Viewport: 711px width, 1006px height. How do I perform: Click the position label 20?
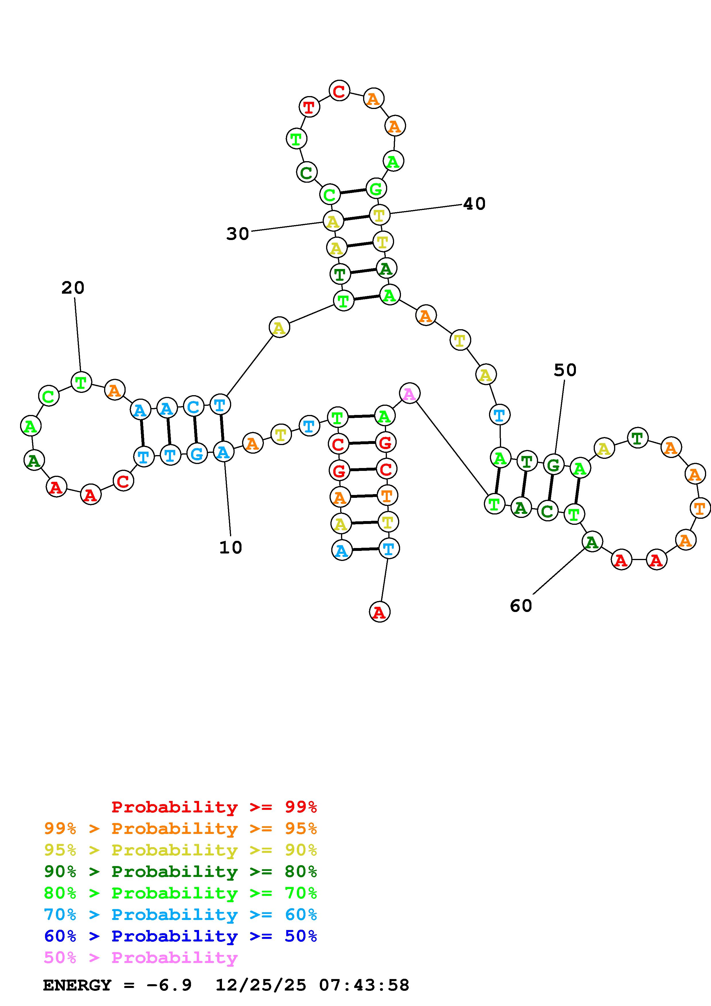(x=73, y=288)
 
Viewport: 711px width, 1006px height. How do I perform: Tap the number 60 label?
(x=521, y=606)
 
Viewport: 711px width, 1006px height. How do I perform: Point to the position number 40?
(x=474, y=204)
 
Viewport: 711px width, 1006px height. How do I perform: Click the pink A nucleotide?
(x=410, y=393)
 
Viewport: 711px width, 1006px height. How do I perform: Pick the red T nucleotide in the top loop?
(x=309, y=106)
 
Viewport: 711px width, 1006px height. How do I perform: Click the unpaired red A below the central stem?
(x=379, y=612)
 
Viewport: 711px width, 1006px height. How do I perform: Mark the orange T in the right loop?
(x=700, y=508)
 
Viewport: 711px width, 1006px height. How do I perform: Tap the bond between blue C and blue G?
(x=195, y=430)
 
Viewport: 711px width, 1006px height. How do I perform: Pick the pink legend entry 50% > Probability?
(x=141, y=958)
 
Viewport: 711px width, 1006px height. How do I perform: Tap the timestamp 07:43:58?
(x=364, y=985)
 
